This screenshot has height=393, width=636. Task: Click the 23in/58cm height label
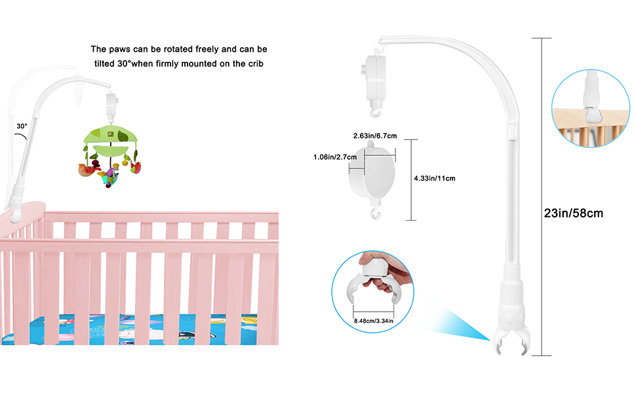coord(573,213)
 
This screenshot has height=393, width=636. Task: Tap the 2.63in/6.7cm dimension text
coord(376,136)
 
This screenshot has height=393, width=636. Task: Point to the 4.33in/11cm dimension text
coord(434,178)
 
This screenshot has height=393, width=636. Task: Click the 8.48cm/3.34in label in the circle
coord(373,320)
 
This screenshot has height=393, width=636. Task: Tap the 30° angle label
coord(22,126)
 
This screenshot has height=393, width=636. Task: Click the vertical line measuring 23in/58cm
coord(542,196)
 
